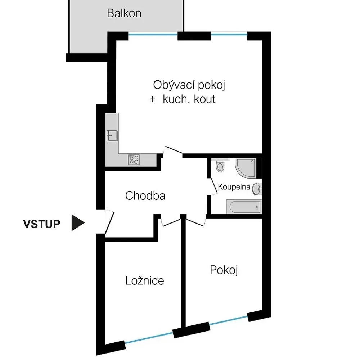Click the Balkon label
[x=124, y=13]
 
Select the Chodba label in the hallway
[x=145, y=196]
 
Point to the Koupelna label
[x=234, y=186]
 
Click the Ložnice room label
[x=145, y=280]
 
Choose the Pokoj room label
[x=224, y=270]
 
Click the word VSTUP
[x=41, y=224]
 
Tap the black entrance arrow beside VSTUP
[x=78, y=223]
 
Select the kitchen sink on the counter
[x=112, y=136]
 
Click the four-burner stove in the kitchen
[x=134, y=159]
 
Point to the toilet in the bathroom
[x=220, y=166]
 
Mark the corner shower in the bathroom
[x=246, y=168]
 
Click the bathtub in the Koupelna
[x=244, y=207]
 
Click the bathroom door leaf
[x=214, y=186]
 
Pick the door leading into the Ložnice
[x=171, y=222]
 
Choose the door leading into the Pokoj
[x=195, y=222]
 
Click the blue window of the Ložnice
[x=149, y=338]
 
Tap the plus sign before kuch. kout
[x=153, y=99]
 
